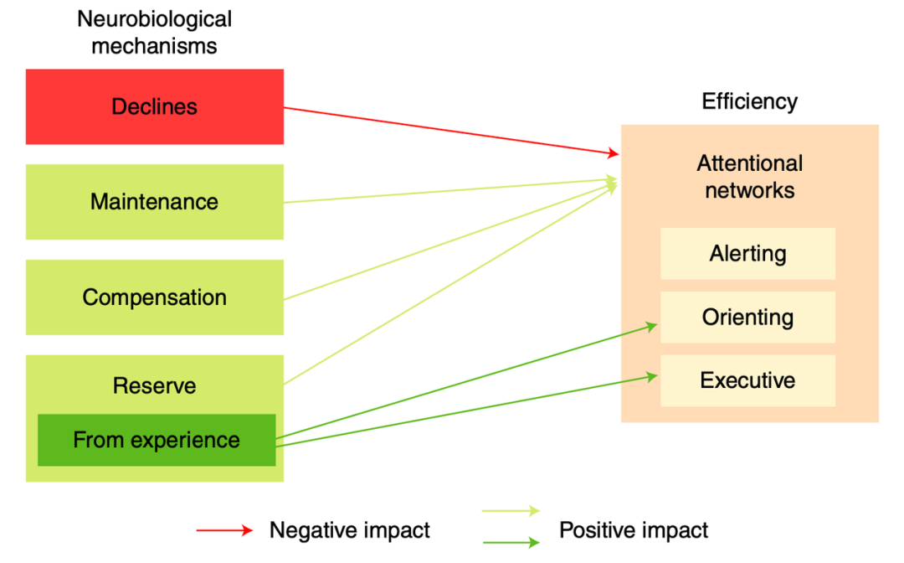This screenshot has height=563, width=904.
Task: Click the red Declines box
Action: coord(155,107)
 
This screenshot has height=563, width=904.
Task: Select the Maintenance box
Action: coord(155,202)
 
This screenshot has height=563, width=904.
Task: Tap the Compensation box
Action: coord(155,297)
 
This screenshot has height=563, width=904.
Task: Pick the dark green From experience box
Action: coord(157,440)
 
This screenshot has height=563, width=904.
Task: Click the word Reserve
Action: coord(155,386)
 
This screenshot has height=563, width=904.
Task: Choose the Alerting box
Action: coord(747,254)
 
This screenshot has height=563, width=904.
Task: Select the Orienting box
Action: coord(747,318)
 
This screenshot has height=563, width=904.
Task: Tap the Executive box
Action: coord(747,380)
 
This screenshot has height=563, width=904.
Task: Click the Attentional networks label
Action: coord(749,177)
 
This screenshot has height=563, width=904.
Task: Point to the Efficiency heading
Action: coord(749,101)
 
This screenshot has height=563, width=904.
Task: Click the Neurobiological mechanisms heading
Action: coord(155,31)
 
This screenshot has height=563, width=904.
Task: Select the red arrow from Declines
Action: coord(452,131)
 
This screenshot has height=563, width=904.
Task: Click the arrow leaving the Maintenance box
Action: coord(452,190)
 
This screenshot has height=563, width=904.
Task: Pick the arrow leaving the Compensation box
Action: coord(452,241)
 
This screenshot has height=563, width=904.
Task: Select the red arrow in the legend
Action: coord(224,530)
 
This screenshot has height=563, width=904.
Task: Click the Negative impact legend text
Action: coord(349,530)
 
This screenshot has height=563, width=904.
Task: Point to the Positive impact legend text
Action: coord(634,530)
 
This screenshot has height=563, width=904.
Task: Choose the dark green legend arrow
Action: coord(511,542)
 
